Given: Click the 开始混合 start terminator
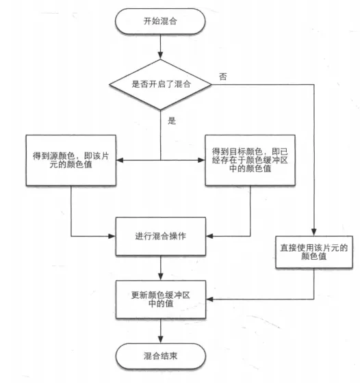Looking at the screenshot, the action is [160, 21].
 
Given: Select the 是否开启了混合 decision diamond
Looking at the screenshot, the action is [160, 85].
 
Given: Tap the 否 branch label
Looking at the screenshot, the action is [223, 77].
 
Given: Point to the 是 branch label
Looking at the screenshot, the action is [172, 120].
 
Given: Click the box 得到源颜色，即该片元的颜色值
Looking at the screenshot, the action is [71, 160].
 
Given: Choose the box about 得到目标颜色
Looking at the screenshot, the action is [250, 160].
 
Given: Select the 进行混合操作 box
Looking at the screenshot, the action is [161, 236].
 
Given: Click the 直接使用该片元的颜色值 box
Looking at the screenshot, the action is [314, 252].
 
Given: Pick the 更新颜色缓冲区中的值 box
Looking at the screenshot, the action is [161, 300].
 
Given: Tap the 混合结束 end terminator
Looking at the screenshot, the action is [161, 356].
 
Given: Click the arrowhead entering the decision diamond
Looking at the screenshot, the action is [160, 56].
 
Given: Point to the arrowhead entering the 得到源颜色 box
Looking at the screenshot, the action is [120, 160].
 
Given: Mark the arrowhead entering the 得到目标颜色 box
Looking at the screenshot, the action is [201, 160].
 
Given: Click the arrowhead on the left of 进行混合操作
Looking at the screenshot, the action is [112, 236].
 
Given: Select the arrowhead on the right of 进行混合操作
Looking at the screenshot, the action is [209, 236].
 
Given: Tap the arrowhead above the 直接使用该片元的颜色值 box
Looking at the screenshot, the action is [314, 233].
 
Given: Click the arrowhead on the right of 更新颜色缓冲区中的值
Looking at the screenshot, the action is [209, 300].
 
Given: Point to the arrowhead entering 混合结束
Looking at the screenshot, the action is [161, 340].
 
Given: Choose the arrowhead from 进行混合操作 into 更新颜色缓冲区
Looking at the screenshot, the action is [161, 277].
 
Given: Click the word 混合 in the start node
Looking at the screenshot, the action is [168, 21].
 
